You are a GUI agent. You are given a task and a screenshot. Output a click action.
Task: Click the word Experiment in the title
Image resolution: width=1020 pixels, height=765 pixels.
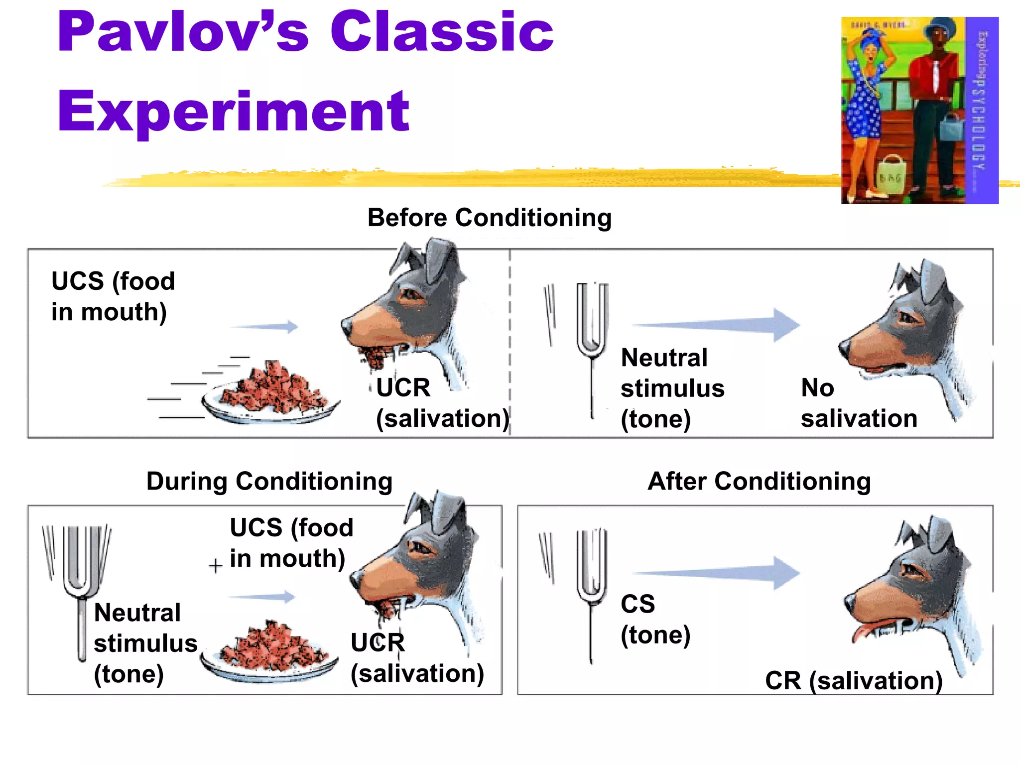(233, 113)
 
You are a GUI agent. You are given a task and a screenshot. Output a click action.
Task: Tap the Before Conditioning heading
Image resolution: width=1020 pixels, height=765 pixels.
(489, 218)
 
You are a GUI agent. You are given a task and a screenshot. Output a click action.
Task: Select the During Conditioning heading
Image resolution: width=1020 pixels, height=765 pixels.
(269, 481)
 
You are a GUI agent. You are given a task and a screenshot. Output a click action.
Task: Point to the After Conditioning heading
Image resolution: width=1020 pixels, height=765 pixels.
(759, 481)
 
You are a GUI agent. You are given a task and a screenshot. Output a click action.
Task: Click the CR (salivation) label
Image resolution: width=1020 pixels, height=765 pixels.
(854, 680)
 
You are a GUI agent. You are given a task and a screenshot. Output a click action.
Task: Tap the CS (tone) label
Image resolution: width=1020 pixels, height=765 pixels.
(655, 620)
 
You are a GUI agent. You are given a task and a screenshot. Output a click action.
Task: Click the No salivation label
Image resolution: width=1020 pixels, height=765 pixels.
(858, 403)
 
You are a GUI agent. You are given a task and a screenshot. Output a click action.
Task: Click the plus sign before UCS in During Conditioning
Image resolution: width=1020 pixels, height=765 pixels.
(215, 566)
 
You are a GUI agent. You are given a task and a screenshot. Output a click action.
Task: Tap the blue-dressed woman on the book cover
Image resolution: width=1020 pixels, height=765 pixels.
(867, 100)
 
